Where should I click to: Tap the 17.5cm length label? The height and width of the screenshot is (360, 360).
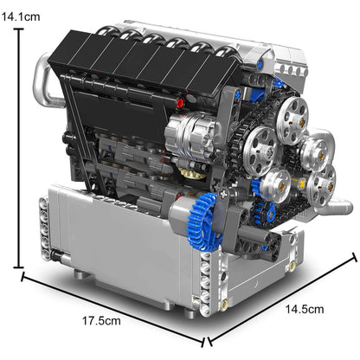point(100,320)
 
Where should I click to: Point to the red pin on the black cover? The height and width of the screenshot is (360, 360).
point(180,102)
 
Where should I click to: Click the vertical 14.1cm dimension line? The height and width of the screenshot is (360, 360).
point(17,147)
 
